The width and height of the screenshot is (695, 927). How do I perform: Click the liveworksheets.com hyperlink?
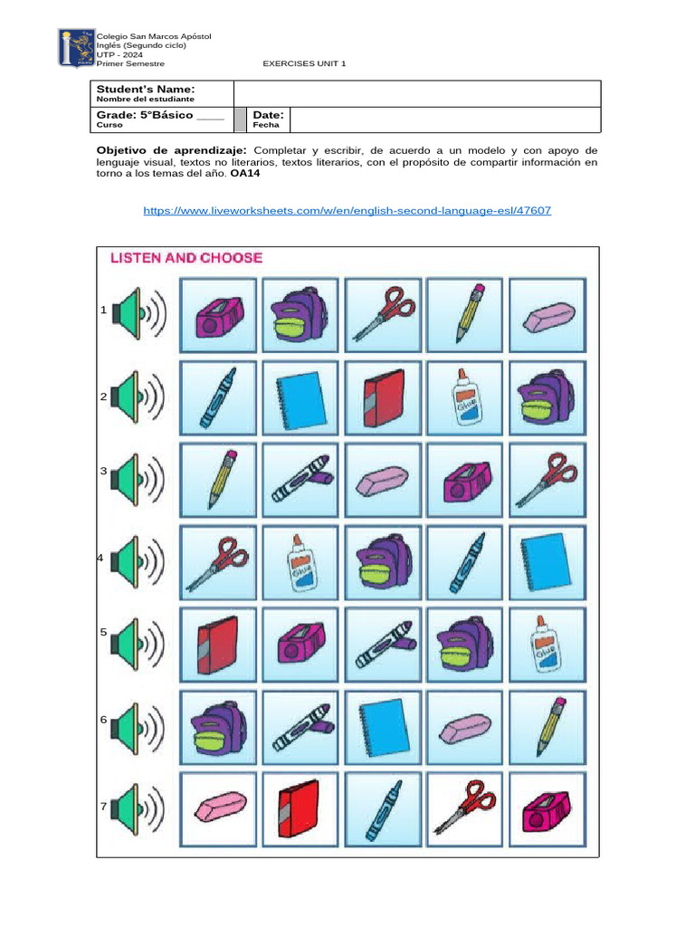[347, 210]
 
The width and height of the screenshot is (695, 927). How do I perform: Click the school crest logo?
[74, 47]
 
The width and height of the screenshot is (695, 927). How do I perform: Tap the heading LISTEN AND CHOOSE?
[186, 258]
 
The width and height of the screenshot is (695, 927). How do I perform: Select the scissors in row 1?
[384, 313]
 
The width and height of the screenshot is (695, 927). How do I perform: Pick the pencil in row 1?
[466, 313]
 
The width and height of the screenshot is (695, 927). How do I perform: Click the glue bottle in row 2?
[466, 397]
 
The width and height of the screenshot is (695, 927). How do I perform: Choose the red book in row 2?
[384, 397]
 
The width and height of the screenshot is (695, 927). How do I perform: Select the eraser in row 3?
[384, 479]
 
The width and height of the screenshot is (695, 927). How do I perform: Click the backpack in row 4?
[384, 561]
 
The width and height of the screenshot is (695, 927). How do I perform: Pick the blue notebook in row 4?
[548, 561]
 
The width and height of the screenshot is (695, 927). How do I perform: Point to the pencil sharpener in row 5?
[301, 644]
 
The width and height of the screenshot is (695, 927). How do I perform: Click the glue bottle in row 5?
[548, 644]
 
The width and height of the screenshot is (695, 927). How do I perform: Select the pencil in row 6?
[548, 726]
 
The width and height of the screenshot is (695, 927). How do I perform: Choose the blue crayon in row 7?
[384, 808]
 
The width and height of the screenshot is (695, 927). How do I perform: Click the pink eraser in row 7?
[219, 808]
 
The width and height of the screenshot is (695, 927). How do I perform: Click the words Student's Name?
[146, 89]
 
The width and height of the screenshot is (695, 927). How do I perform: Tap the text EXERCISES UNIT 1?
[304, 63]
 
